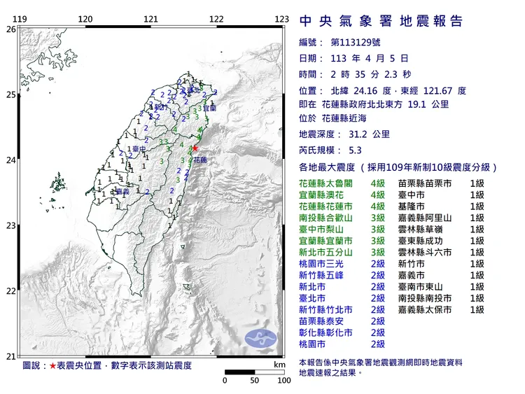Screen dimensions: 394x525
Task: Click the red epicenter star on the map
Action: [x=195, y=148]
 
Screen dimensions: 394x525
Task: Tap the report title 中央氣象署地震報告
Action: [x=380, y=22]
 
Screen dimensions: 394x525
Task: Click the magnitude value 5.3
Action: [x=356, y=150]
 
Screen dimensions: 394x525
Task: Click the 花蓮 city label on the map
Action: [x=200, y=160]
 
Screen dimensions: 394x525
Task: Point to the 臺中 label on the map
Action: [x=137, y=149]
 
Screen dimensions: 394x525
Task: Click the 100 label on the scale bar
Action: [x=283, y=381]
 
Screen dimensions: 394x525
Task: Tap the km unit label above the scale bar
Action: [x=279, y=365]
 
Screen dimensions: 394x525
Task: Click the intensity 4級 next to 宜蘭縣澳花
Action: [x=378, y=195]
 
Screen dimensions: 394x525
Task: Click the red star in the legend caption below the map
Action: [x=52, y=365]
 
